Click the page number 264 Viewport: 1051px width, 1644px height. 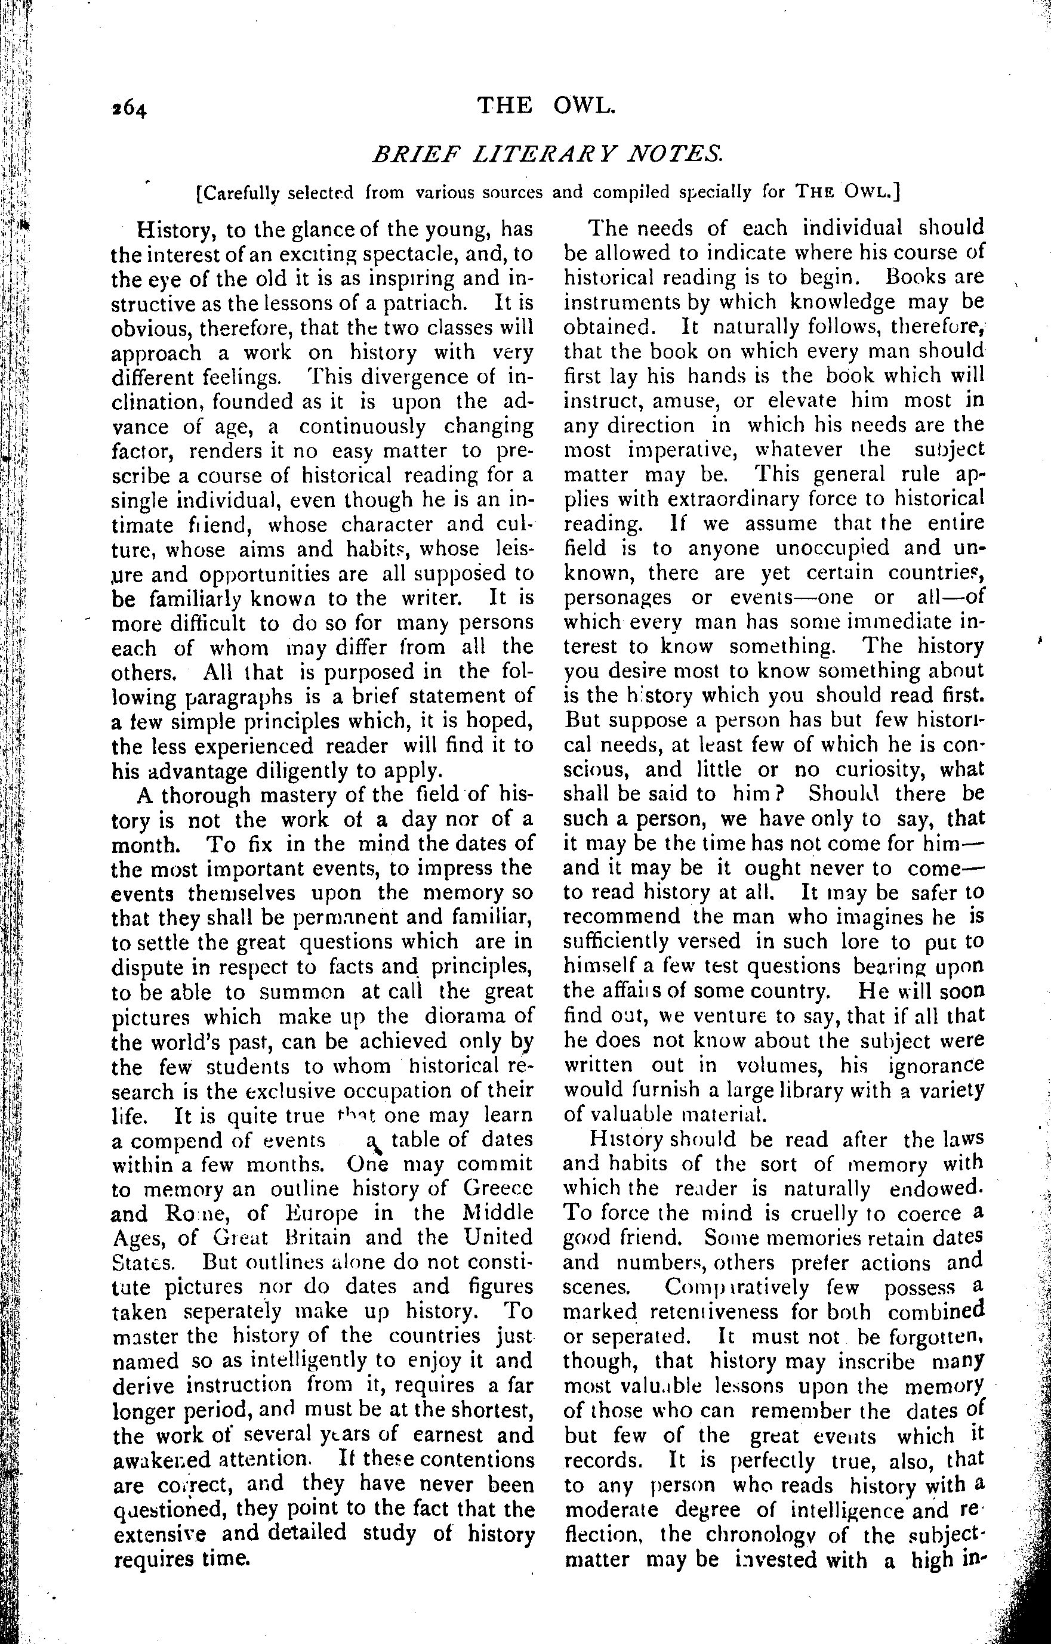click(130, 109)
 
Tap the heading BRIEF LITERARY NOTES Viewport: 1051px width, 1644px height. click(546, 155)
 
